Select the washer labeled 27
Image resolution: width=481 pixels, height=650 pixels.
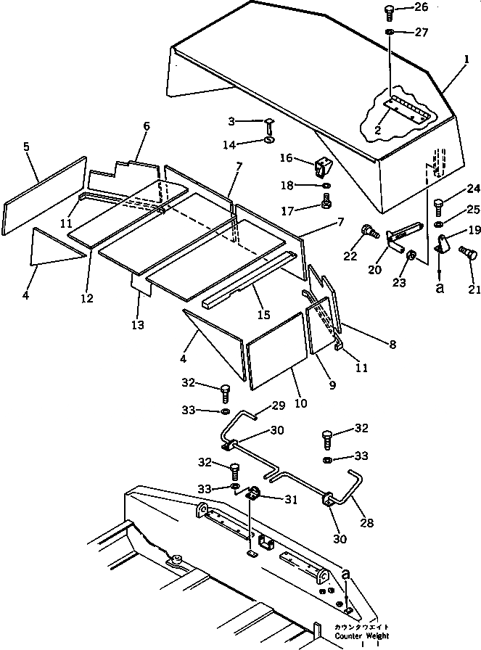pyautogui.click(x=390, y=33)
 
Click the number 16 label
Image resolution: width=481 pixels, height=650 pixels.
pyautogui.click(x=287, y=157)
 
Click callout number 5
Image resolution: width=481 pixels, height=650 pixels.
pyautogui.click(x=27, y=147)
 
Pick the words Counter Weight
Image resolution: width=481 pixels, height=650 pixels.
pyautogui.click(x=362, y=635)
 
